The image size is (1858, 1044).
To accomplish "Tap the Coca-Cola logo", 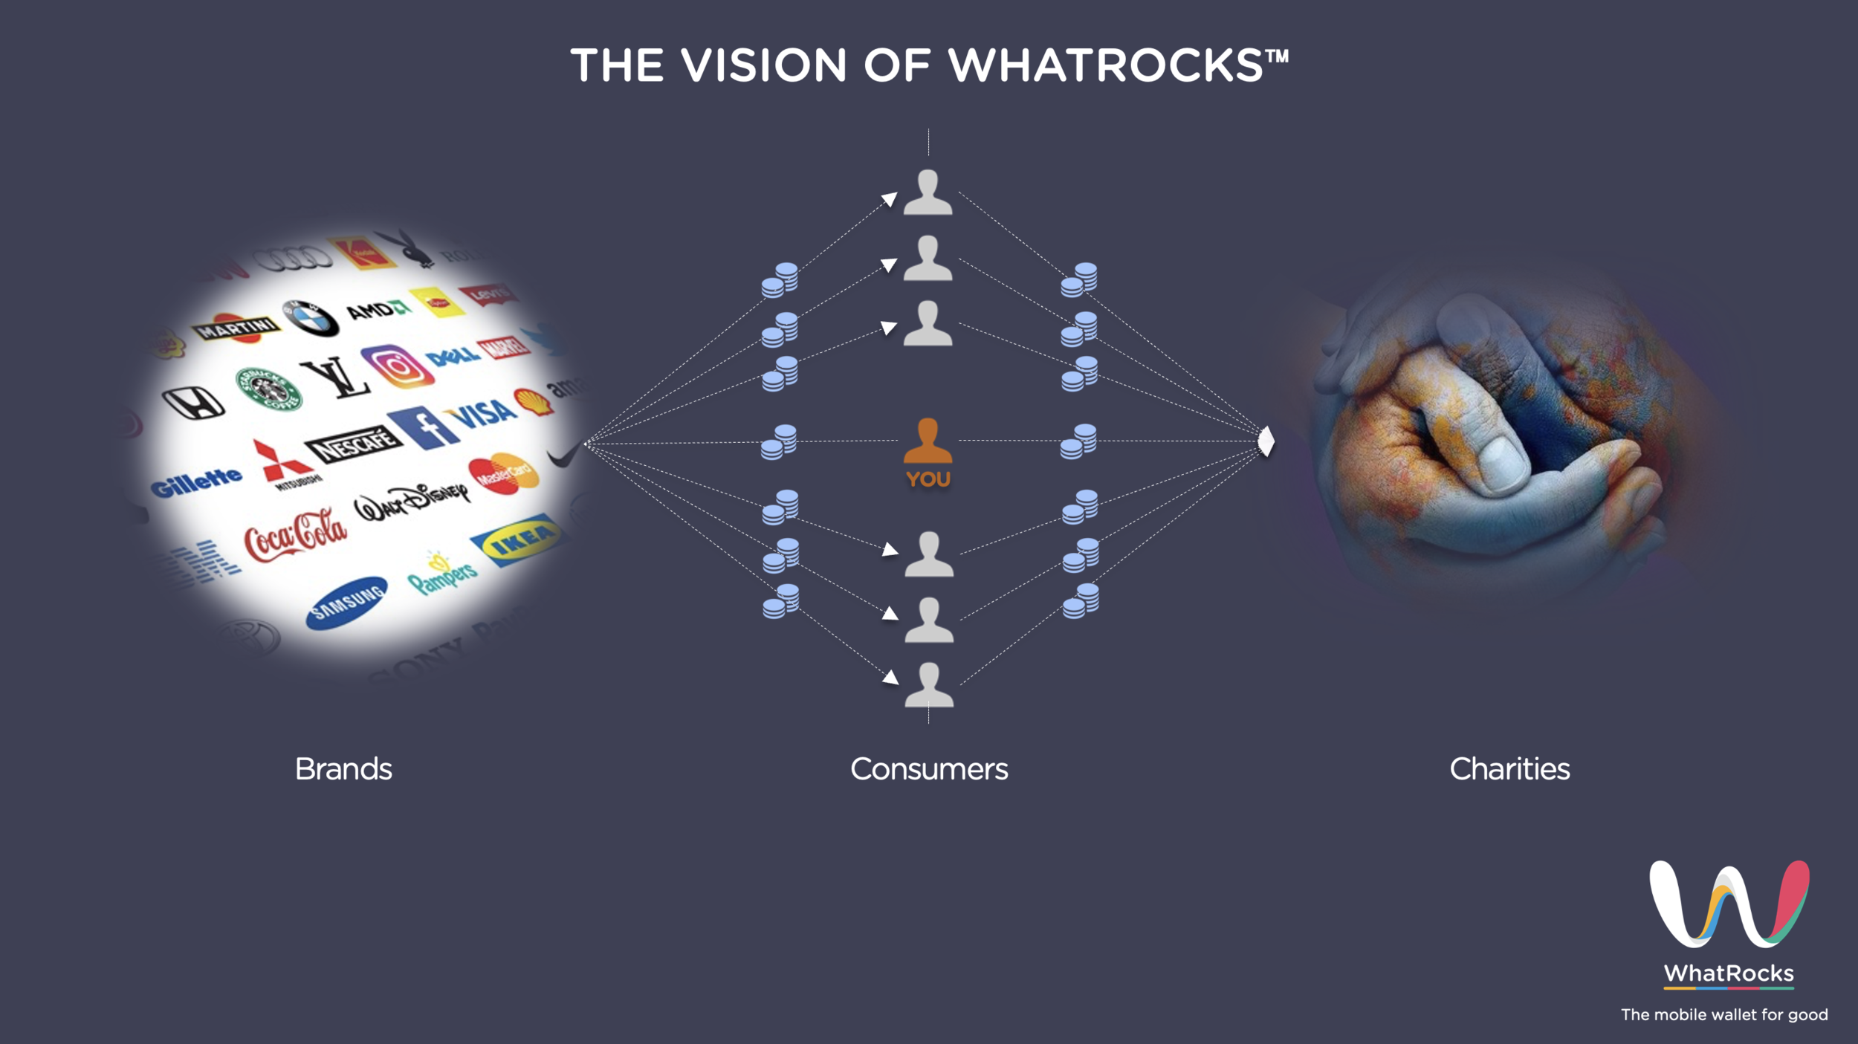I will tap(296, 535).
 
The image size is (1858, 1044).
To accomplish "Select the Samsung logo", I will tap(347, 603).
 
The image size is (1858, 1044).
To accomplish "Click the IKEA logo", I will tap(518, 540).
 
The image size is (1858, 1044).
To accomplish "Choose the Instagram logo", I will tap(398, 366).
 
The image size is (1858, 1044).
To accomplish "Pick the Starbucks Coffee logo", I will tap(268, 389).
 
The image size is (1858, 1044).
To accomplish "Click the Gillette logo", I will tap(196, 482).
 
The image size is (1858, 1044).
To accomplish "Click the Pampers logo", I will tap(443, 574).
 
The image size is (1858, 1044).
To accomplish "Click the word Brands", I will tap(343, 769).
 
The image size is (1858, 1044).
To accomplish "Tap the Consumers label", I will tap(929, 769).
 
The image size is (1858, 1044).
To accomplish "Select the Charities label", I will tap(1509, 769).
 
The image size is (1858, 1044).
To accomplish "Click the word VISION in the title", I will tap(764, 65).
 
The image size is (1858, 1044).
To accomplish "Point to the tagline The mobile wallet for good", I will tap(1724, 1015).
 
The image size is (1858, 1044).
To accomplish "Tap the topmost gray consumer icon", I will tap(928, 192).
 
